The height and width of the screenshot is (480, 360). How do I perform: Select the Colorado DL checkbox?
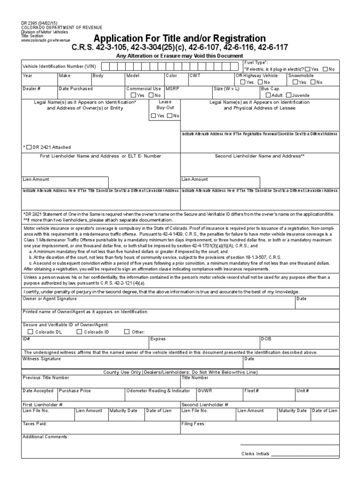tap(30, 332)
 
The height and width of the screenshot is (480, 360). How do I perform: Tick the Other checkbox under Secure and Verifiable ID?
tap(127, 332)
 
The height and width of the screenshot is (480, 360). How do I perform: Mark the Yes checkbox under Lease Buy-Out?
tap(154, 115)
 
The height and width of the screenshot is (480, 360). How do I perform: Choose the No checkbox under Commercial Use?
tap(151, 95)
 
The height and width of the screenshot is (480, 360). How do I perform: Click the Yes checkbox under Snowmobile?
tap(295, 82)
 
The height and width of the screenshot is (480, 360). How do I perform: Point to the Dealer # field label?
tap(31, 88)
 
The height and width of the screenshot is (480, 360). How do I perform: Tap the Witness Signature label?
tap(42, 359)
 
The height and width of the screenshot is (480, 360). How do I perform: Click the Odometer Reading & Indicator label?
tap(158, 390)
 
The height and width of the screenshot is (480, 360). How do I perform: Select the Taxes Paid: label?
tap(35, 423)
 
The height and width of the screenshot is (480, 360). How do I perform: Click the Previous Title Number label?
tap(46, 377)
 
